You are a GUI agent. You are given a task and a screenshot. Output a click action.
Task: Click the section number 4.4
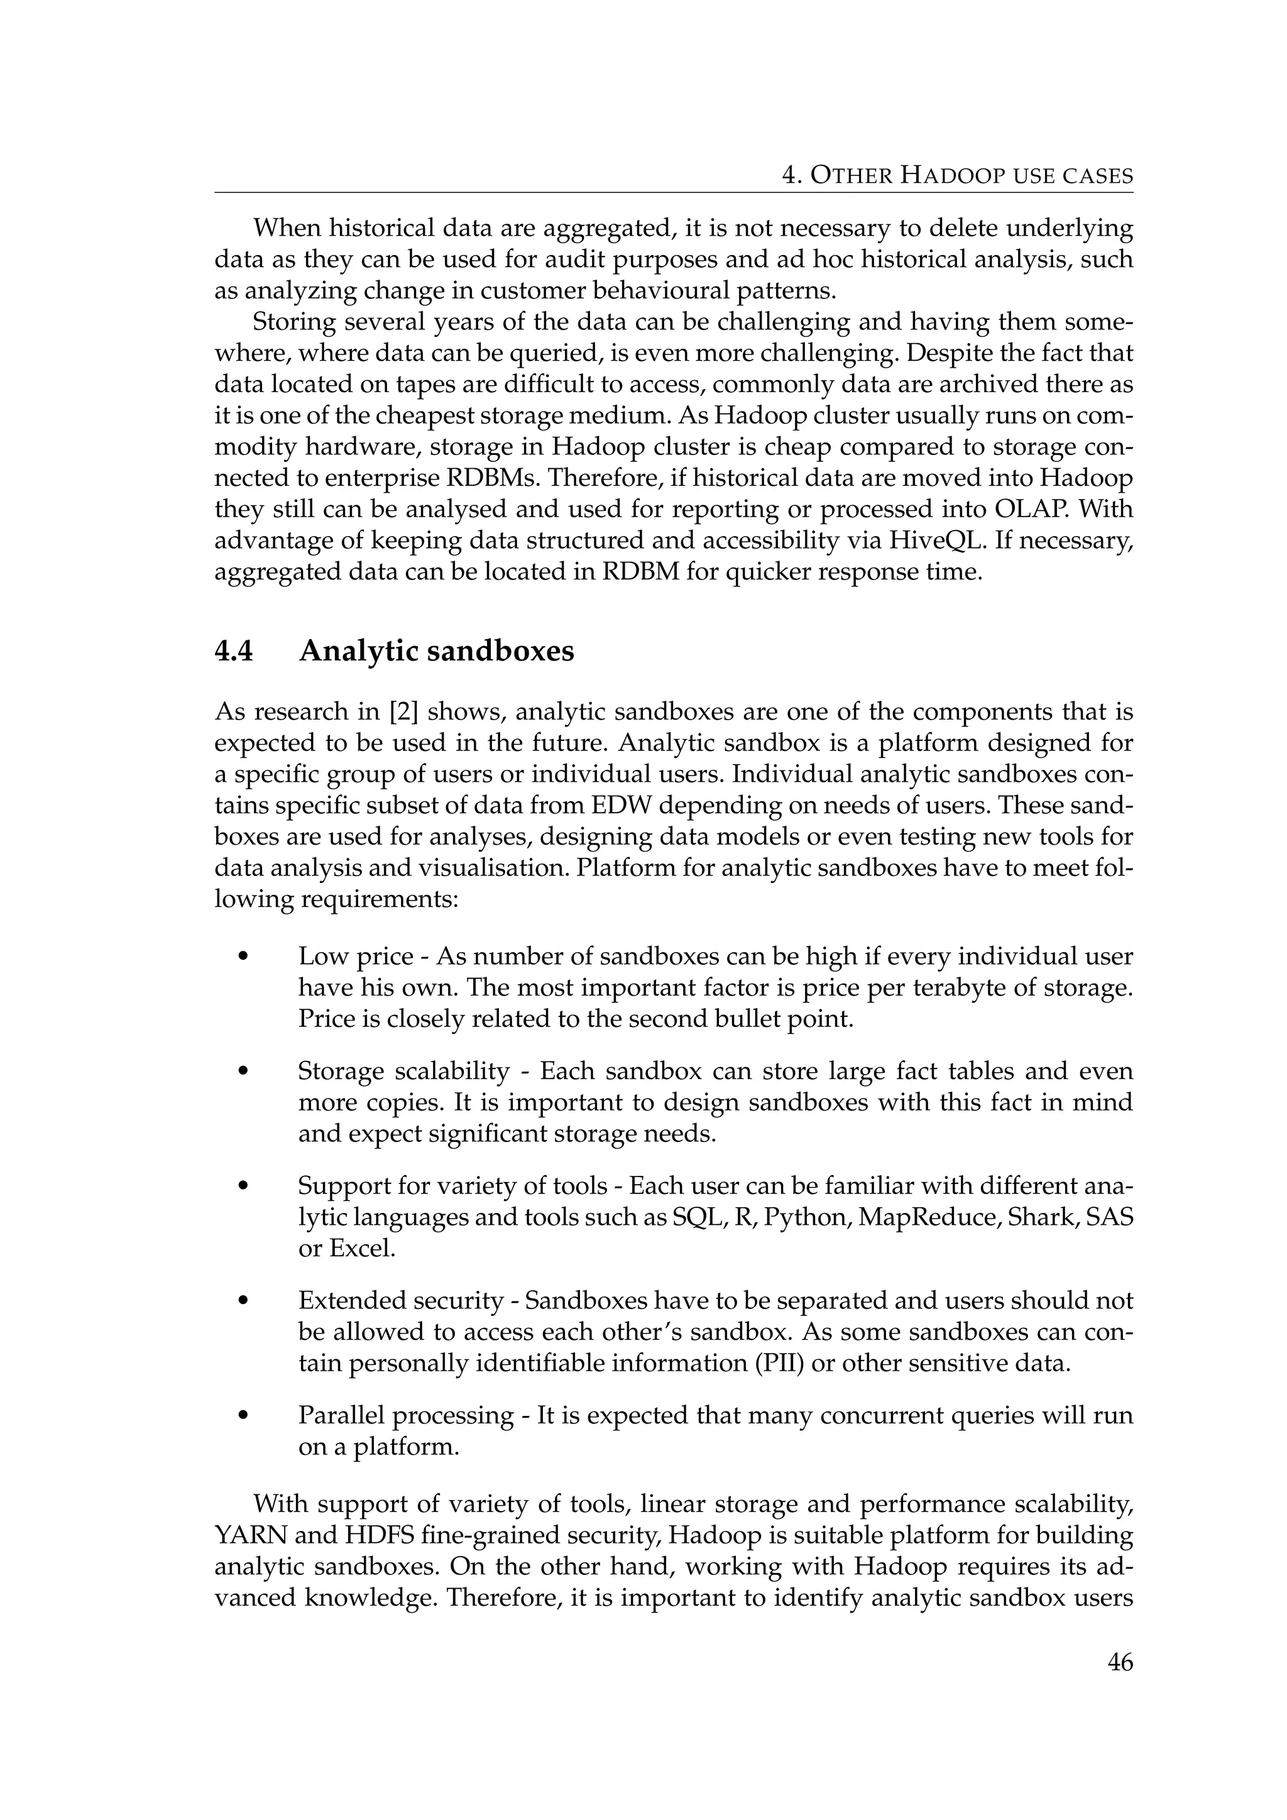[234, 652]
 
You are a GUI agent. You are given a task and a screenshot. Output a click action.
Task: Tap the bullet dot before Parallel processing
[243, 1416]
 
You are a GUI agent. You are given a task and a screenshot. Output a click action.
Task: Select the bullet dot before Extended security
[243, 1301]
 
